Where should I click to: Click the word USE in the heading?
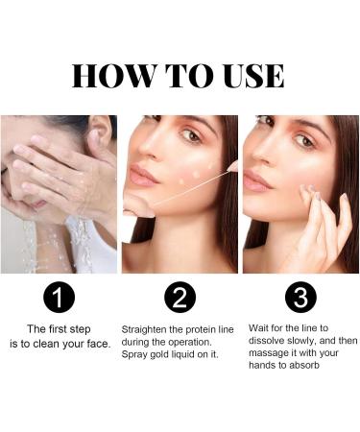click(246, 76)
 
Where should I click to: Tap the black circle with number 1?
click(60, 299)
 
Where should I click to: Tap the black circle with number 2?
click(180, 299)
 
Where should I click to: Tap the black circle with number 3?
click(300, 299)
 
